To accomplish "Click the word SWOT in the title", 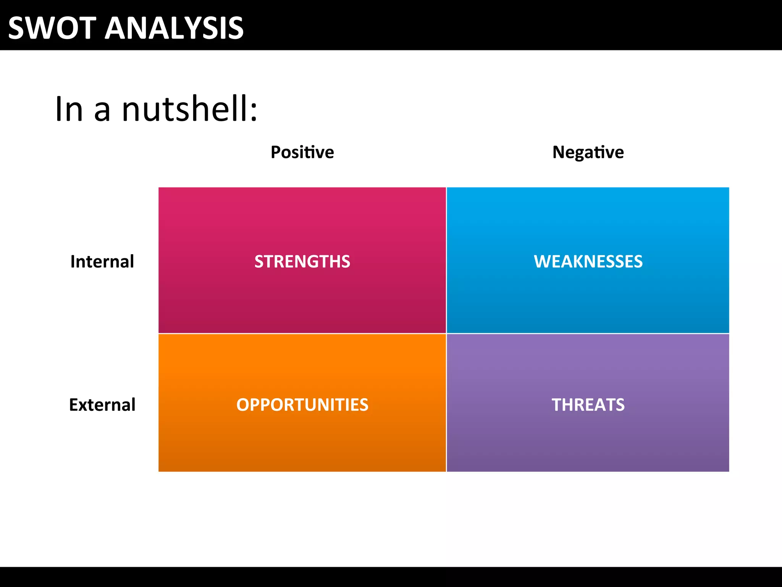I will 52,28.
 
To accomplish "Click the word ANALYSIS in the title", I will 174,28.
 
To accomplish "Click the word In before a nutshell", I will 69,109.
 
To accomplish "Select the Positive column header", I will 302,152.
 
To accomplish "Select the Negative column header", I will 588,152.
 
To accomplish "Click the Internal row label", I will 102,262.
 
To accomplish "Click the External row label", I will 102,405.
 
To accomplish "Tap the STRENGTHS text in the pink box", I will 302,262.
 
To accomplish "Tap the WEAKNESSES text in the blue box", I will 588,262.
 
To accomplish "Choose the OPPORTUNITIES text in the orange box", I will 302,405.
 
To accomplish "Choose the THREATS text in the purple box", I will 588,405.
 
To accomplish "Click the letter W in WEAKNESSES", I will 543,262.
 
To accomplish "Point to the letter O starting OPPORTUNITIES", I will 243,405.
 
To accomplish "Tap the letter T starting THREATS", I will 557,405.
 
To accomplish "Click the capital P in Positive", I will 276,152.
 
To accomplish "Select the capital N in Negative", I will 559,152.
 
